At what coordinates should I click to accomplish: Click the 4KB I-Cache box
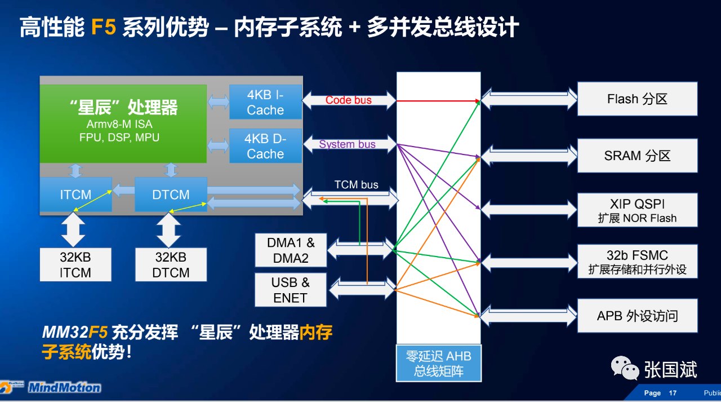(x=265, y=102)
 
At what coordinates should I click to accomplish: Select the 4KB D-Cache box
(x=265, y=145)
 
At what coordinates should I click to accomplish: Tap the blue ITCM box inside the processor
(x=75, y=195)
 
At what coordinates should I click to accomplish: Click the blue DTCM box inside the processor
(x=171, y=195)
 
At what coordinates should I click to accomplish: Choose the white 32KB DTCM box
(x=171, y=264)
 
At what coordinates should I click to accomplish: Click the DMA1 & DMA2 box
(x=290, y=250)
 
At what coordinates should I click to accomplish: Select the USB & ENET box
(x=290, y=290)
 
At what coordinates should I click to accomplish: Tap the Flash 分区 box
(x=637, y=99)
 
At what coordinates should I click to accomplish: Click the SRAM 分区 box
(x=637, y=156)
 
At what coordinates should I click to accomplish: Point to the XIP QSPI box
(x=637, y=210)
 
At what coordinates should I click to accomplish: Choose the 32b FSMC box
(x=637, y=261)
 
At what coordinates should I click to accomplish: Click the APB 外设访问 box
(x=637, y=316)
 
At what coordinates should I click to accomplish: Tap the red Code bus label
(x=349, y=100)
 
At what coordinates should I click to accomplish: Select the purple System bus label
(x=347, y=144)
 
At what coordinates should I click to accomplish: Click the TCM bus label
(x=357, y=184)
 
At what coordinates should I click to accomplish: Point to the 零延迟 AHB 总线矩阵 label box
(x=438, y=363)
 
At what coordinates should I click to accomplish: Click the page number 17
(x=673, y=393)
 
